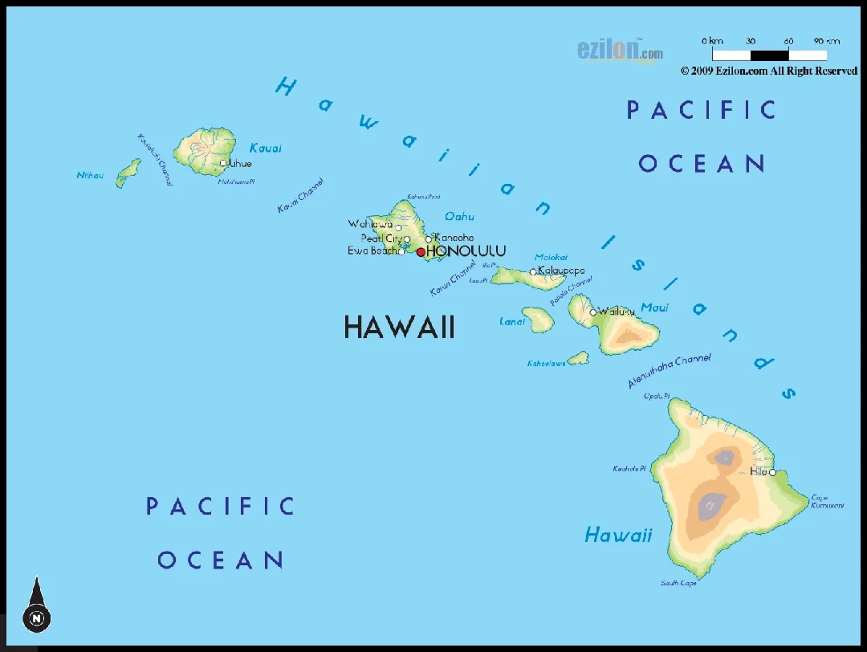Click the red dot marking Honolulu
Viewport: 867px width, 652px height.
(421, 252)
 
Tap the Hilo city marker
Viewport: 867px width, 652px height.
(773, 472)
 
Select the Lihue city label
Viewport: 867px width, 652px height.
(240, 164)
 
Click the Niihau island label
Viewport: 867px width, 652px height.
(90, 175)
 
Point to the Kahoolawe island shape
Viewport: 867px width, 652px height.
(577, 358)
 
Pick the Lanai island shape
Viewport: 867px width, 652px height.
(538, 319)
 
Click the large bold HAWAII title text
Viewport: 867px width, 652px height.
(399, 327)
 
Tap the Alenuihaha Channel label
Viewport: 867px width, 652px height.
(670, 371)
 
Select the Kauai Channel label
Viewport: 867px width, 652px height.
(300, 196)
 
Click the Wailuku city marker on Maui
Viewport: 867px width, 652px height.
(593, 312)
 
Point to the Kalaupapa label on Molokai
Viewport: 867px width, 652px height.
(561, 271)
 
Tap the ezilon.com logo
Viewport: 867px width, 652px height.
(620, 51)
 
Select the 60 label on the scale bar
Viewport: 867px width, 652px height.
(788, 41)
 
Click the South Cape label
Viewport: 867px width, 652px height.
(678, 583)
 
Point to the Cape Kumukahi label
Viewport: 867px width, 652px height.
(827, 501)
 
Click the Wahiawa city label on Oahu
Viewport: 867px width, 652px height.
(370, 224)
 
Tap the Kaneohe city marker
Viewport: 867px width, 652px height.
(429, 238)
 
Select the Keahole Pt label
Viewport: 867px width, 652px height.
(629, 468)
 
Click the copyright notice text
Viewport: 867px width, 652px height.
(768, 71)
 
